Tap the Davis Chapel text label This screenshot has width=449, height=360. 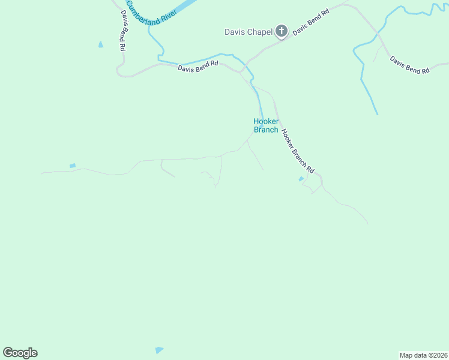click(x=249, y=32)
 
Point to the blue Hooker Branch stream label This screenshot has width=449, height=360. click(x=265, y=125)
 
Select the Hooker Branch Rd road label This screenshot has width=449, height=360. click(x=298, y=152)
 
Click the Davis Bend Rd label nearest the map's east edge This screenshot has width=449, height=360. click(x=410, y=65)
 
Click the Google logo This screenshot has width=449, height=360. click(x=20, y=352)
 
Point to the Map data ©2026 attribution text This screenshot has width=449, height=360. click(x=424, y=355)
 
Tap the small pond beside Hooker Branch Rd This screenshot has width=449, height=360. click(x=301, y=179)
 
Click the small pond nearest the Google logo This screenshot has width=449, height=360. click(x=158, y=350)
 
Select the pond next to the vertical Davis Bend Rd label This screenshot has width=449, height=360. click(x=100, y=44)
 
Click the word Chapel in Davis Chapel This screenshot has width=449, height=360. click(x=261, y=32)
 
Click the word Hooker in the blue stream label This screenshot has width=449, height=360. click(x=265, y=121)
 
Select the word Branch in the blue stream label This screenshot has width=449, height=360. click(x=266, y=130)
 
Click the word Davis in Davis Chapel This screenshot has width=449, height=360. click(x=235, y=32)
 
